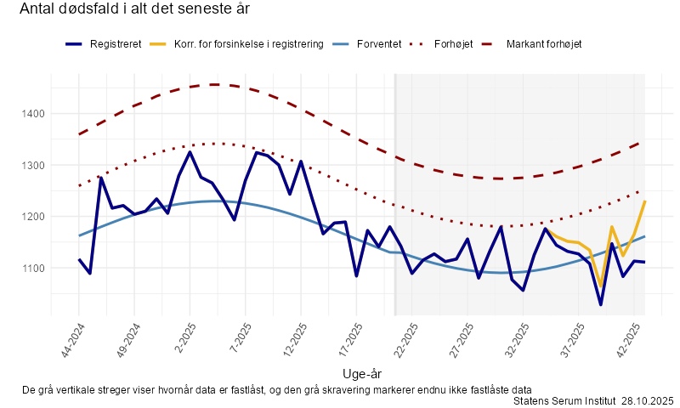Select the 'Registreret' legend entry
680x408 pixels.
coord(116,43)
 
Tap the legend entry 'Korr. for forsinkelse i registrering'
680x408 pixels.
coord(248,43)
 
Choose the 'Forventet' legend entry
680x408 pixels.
coord(378,43)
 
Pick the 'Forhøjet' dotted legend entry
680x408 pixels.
coord(459,43)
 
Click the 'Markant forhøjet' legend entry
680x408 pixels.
coord(544,43)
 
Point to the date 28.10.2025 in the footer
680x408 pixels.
coord(647,400)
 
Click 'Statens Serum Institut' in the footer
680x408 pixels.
coord(564,400)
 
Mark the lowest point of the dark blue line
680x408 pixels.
coord(600,304)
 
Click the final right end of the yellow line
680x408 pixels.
coord(644,201)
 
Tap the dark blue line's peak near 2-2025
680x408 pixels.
coord(190,152)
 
